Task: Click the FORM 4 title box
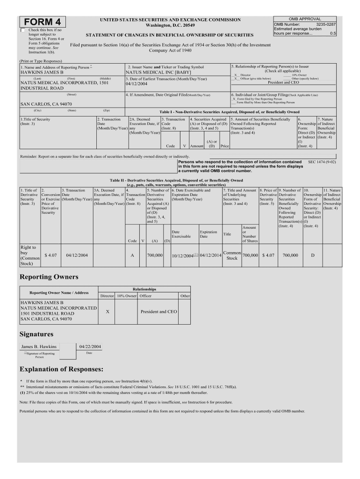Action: [x=43, y=22]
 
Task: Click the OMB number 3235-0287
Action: [x=326, y=24]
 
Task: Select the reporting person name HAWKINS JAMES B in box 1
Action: [x=42, y=73]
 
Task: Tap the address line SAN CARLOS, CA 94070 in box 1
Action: [x=46, y=104]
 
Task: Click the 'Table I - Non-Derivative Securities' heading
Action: [x=230, y=112]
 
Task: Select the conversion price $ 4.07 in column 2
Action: [x=50, y=255]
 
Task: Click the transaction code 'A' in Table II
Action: [x=132, y=255]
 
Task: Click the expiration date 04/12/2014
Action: [x=211, y=255]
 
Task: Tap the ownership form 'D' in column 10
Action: [x=313, y=255]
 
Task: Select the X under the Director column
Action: [x=108, y=311]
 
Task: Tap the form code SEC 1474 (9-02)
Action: [x=322, y=161]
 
